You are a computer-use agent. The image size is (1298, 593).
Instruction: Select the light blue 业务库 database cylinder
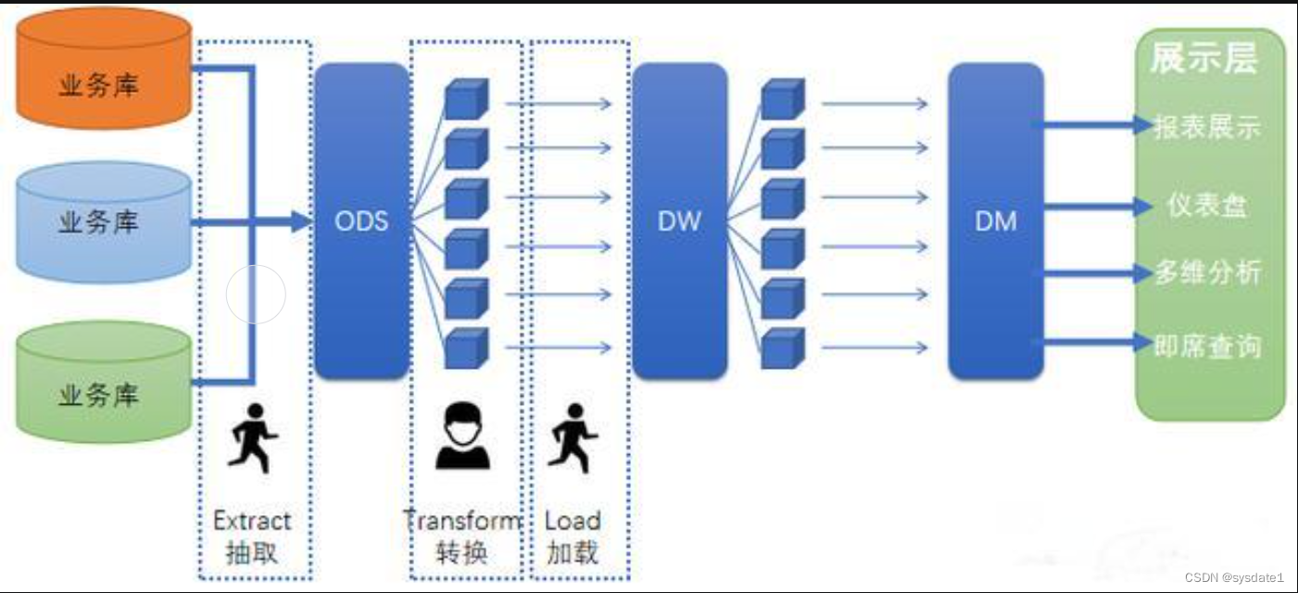[104, 222]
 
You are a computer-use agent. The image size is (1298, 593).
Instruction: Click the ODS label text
[360, 221]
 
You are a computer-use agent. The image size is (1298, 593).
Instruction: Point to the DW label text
[679, 221]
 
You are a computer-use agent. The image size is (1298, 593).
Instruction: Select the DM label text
[995, 221]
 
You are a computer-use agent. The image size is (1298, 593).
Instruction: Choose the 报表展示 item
[1207, 126]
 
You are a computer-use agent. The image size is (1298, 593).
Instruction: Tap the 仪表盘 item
[1207, 206]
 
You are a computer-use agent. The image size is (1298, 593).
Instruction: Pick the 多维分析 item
[1207, 273]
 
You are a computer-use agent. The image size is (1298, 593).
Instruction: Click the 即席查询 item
[1207, 346]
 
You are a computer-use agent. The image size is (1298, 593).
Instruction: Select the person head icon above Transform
[463, 435]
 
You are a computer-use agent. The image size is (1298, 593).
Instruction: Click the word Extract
[252, 521]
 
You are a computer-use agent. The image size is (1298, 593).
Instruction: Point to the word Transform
[462, 521]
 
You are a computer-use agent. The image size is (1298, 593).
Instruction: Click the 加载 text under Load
[572, 552]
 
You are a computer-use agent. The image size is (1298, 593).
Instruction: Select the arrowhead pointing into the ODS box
[299, 221]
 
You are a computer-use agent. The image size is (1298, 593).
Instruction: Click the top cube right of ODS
[466, 99]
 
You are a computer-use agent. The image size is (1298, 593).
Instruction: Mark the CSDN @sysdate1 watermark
[1234, 577]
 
